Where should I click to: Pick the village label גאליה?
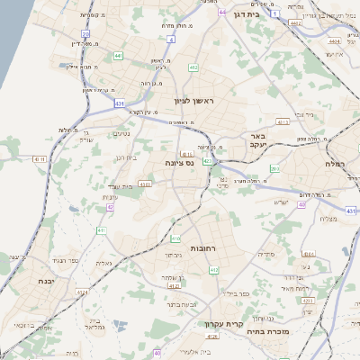click(103, 264)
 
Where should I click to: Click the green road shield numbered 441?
click(118, 56)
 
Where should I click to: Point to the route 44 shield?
click(222, 13)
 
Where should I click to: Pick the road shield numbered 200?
click(275, 168)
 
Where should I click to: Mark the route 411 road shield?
click(101, 230)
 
